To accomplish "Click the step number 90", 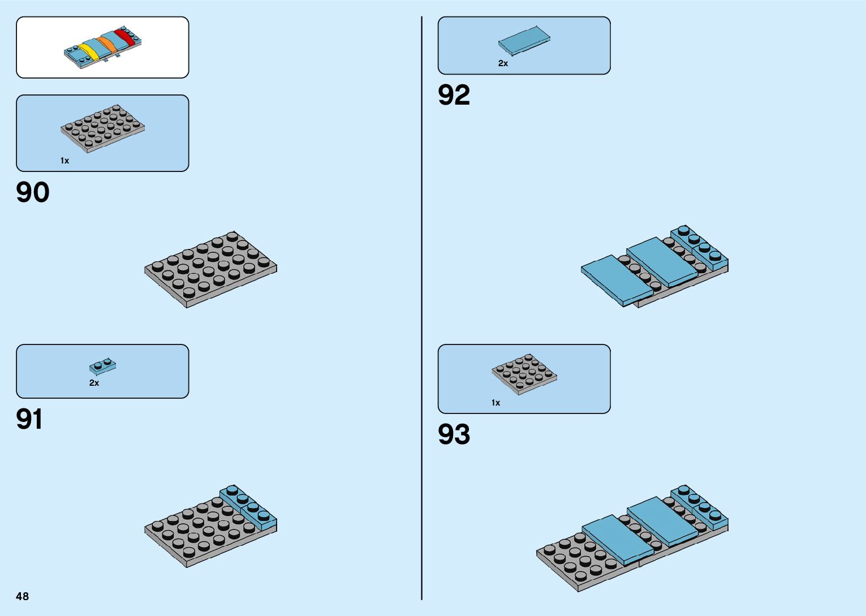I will (33, 193).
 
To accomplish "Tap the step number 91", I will (29, 420).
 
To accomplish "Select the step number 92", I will (454, 95).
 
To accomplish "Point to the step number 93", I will (454, 434).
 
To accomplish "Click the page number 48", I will (23, 596).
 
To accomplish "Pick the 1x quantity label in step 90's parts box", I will (64, 161).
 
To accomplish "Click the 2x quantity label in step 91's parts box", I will (94, 383).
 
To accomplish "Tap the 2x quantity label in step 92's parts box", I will (503, 63).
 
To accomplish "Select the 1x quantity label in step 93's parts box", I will (496, 403).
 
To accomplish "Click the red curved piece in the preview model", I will (125, 37).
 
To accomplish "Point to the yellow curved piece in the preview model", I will (89, 51).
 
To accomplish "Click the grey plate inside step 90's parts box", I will (102, 129).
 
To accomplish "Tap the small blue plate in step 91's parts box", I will (102, 367).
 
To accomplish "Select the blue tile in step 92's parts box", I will (524, 40).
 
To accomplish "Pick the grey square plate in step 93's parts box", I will (524, 374).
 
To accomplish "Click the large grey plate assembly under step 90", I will (210, 269).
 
